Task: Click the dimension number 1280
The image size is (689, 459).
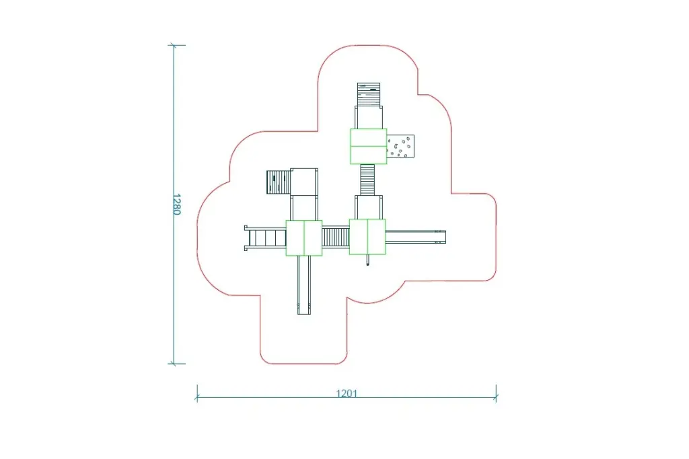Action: [176, 204]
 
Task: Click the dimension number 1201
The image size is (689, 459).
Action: [347, 393]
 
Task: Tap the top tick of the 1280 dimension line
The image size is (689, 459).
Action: [174, 45]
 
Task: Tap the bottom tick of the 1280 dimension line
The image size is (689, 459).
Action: [174, 363]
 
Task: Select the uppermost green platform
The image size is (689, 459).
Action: [368, 146]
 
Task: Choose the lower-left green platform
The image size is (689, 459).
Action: [304, 238]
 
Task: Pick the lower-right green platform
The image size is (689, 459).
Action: [367, 236]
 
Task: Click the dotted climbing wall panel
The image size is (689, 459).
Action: [400, 146]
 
